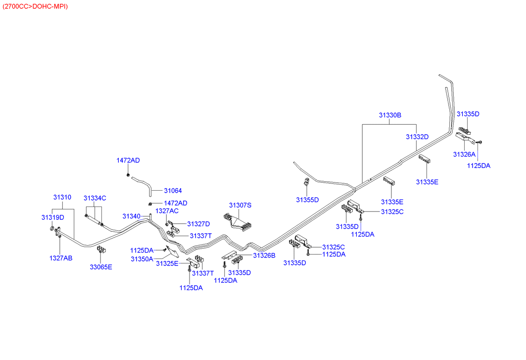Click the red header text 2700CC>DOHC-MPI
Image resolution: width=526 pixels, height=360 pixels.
coord(35,6)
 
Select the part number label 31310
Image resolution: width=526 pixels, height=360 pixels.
coord(62,197)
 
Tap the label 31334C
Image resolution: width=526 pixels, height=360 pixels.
coord(95,198)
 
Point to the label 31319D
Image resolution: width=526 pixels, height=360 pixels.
coord(52,217)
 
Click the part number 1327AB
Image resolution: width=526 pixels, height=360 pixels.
coord(60,257)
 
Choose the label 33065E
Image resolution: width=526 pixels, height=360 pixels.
coord(100,267)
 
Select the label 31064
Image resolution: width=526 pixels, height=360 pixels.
coord(173,190)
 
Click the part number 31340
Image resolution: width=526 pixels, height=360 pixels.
coord(132,216)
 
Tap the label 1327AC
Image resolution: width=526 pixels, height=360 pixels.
coord(167,210)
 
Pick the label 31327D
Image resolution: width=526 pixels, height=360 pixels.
coord(198,224)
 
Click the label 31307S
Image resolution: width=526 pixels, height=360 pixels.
coord(240,205)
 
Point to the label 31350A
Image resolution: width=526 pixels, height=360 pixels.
coord(142,258)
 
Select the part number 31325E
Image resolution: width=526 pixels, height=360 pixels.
coord(167,263)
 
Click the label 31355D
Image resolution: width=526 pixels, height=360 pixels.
coord(307,200)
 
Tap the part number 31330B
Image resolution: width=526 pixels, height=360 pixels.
coord(390,115)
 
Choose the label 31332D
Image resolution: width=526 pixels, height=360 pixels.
coord(417,136)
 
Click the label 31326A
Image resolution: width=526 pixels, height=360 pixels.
coord(464,154)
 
